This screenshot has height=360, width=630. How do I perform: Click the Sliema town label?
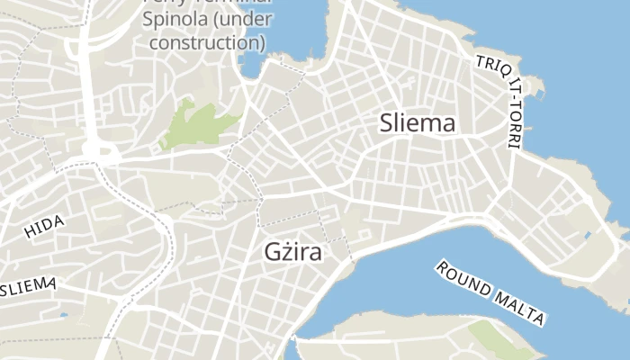coord(418,123)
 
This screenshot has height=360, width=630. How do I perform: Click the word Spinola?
coord(183,17)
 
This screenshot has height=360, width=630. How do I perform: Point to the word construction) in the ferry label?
coord(207,41)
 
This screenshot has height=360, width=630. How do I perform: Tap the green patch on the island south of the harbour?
coord(491,337)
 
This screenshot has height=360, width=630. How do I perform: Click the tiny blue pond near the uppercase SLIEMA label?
coord(63,315)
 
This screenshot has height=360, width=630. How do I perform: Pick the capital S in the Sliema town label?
coord(387,123)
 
